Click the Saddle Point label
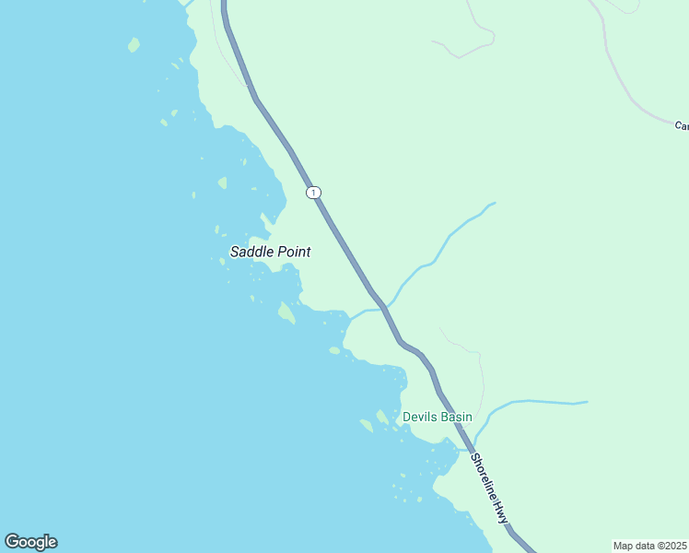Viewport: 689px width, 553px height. click(270, 252)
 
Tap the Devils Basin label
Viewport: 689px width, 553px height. click(437, 418)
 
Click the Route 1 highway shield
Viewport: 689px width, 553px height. click(314, 192)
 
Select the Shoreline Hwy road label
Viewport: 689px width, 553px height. click(489, 488)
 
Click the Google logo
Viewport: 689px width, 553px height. click(30, 542)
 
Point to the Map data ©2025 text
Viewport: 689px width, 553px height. click(649, 546)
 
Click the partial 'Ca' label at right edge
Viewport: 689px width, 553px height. click(682, 125)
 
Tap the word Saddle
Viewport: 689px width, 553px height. click(251, 252)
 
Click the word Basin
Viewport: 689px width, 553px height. click(455, 418)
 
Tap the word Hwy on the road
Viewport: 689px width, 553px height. click(499, 512)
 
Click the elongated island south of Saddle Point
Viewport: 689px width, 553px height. click(286, 313)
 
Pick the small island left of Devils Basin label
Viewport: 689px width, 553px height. click(367, 425)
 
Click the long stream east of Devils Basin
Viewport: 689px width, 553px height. click(543, 402)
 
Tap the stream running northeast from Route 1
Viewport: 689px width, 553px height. click(442, 244)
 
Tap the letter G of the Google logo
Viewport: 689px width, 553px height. click(13, 542)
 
